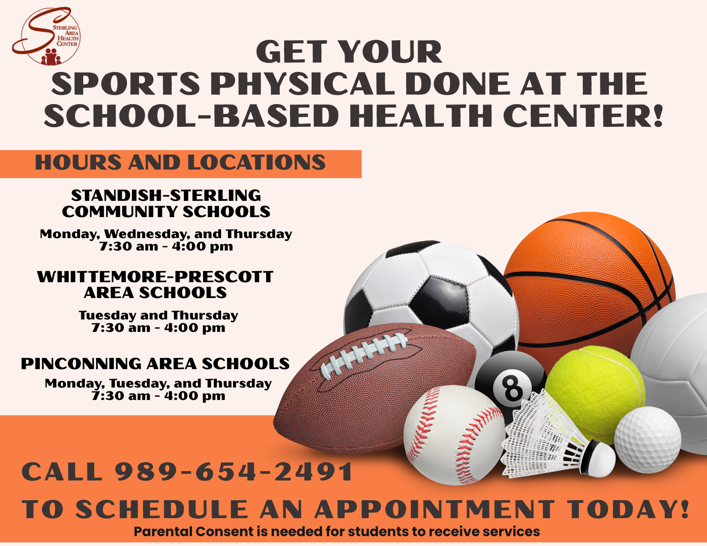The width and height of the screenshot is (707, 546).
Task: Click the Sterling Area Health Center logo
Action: (x=46, y=36)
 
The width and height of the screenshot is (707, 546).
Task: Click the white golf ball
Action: (x=647, y=440)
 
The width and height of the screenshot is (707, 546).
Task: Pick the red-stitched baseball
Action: (x=454, y=435)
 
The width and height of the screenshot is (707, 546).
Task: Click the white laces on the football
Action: (x=364, y=356)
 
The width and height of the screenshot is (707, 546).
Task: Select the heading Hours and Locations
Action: (x=180, y=162)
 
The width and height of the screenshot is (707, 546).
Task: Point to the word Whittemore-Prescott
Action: (x=155, y=277)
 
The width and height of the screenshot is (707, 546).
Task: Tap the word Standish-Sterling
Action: (x=166, y=195)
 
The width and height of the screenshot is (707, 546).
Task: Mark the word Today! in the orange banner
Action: (x=629, y=509)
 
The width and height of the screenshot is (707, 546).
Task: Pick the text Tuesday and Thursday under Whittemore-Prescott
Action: (x=159, y=316)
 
